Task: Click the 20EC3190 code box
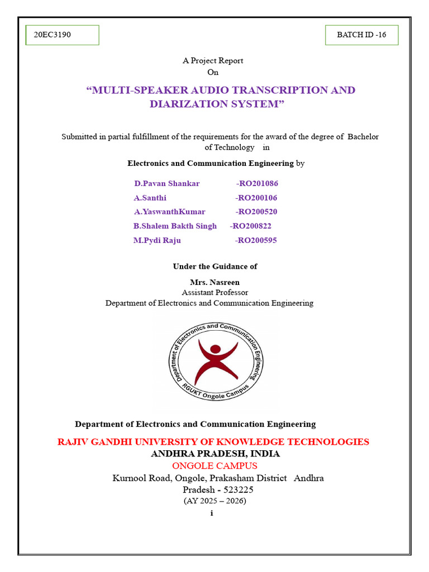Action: (62, 35)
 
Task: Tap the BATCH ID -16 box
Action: (361, 35)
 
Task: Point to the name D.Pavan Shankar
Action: (166, 183)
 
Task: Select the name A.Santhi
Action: (150, 198)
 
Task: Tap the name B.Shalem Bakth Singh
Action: (175, 226)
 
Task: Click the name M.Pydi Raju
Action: (157, 241)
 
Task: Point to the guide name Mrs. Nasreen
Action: (214, 282)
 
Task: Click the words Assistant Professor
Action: (214, 292)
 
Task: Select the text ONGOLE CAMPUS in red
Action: (214, 466)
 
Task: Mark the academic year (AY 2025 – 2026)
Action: (214, 500)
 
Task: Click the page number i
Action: (212, 513)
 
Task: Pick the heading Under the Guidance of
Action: (214, 266)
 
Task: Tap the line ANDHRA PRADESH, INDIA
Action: (215, 454)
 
